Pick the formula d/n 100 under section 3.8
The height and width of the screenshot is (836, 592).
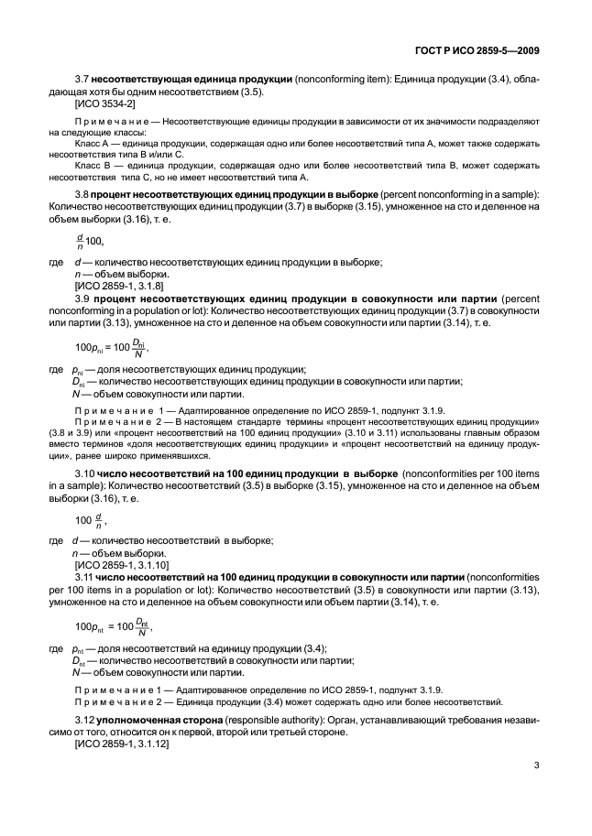[x=89, y=241]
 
